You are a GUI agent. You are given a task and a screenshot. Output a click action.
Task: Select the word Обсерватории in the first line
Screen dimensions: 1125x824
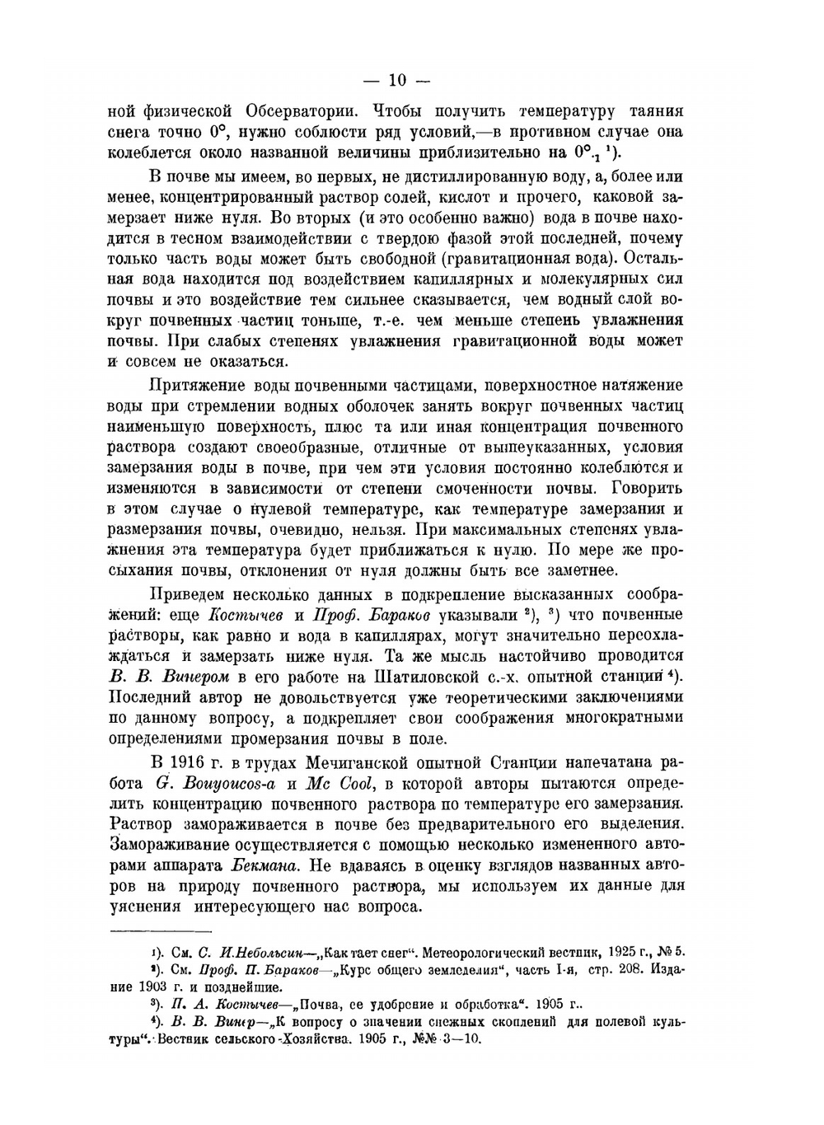[x=302, y=110]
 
